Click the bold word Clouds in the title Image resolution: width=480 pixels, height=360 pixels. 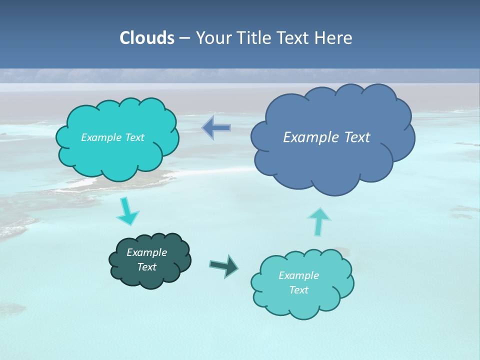(x=146, y=38)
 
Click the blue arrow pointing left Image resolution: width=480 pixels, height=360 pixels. (x=216, y=127)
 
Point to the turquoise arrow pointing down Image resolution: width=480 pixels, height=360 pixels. (x=127, y=211)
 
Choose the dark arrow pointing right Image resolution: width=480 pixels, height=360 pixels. (x=224, y=265)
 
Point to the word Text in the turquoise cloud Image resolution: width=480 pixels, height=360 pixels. (x=134, y=137)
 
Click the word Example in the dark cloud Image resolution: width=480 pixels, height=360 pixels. (x=146, y=252)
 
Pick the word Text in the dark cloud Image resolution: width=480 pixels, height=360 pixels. (x=146, y=267)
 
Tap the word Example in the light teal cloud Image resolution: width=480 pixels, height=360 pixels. (x=298, y=275)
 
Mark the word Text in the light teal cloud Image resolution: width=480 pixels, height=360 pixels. (x=298, y=290)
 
